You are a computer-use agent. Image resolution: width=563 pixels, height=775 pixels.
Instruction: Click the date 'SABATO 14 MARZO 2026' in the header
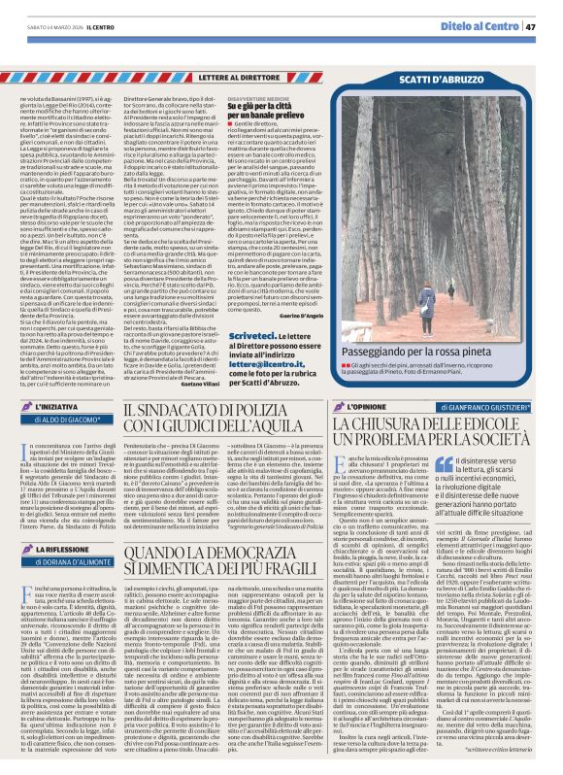point(40,26)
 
